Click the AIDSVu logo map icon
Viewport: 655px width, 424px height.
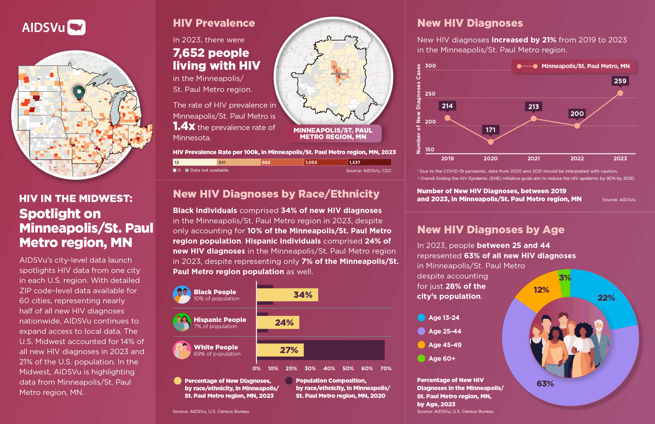tap(76, 27)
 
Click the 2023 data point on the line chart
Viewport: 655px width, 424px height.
tap(620, 93)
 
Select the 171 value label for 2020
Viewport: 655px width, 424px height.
tap(491, 130)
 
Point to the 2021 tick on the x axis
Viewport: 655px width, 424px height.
tap(534, 158)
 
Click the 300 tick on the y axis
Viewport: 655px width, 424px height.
tap(430, 66)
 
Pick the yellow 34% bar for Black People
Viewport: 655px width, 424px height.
tap(287, 295)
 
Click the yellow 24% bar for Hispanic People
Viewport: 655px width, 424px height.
tap(278, 323)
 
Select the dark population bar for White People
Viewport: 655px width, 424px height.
tap(345, 350)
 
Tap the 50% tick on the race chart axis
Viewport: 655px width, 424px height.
tap(348, 368)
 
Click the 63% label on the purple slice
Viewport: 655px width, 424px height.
tap(545, 384)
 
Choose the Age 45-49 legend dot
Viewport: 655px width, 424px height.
tap(421, 345)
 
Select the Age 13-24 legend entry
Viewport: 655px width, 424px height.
tap(439, 318)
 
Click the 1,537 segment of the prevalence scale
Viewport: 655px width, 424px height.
tap(369, 162)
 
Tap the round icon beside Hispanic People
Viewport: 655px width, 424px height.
tap(182, 323)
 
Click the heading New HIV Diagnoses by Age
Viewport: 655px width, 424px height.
tap(491, 230)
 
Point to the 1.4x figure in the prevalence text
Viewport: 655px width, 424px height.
tap(184, 126)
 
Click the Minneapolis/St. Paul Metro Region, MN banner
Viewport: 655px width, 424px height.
tap(333, 133)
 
